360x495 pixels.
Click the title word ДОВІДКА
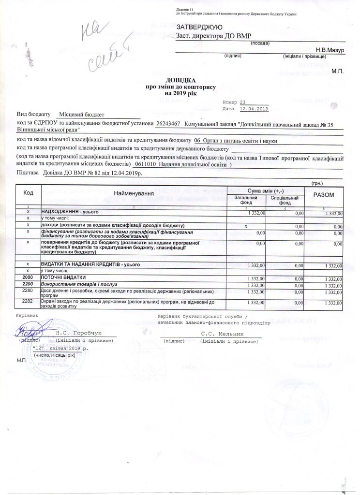[x=180, y=81]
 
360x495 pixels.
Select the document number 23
[x=243, y=102]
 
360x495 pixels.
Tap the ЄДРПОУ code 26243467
[x=168, y=124]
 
